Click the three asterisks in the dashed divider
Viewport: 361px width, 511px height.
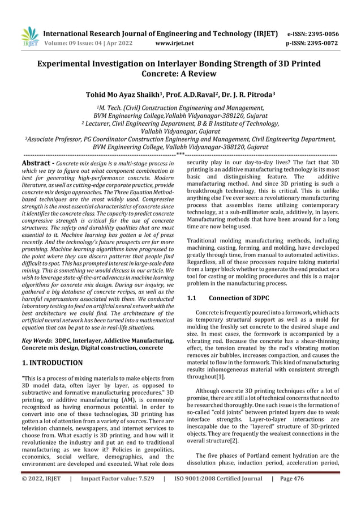pyautogui.click(x=180, y=154)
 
